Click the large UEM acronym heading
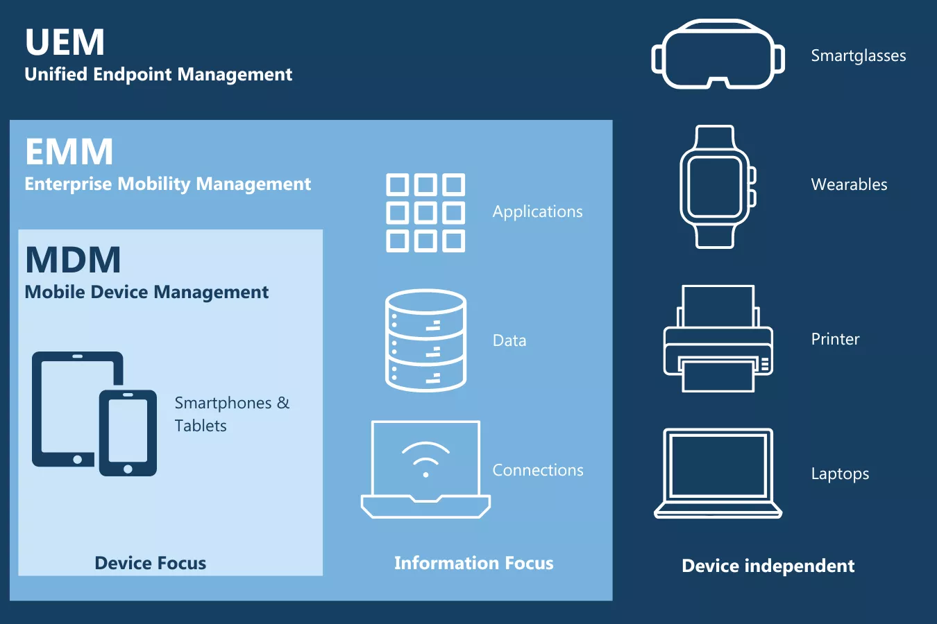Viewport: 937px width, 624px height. [x=65, y=42]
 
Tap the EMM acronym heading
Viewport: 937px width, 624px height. [x=69, y=152]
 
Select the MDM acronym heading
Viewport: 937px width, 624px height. [x=73, y=260]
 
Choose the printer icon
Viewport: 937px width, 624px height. [x=718, y=339]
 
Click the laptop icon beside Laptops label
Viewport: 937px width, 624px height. [x=718, y=474]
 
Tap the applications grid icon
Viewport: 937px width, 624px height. [x=425, y=212]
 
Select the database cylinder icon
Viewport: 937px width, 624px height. [x=425, y=340]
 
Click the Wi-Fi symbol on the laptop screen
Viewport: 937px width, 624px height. [x=425, y=458]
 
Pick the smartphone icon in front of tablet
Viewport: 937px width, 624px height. [x=128, y=433]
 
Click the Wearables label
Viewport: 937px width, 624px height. [x=849, y=184]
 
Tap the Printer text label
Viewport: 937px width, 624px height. [x=835, y=339]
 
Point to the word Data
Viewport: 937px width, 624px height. [x=509, y=340]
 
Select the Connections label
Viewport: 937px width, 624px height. [x=538, y=470]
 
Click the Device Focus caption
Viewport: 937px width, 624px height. [x=151, y=563]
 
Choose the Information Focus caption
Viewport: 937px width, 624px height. [x=474, y=563]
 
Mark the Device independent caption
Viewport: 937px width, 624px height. [x=768, y=566]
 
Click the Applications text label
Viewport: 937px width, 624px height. [x=538, y=211]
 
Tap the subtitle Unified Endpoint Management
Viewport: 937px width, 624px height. [x=158, y=74]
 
